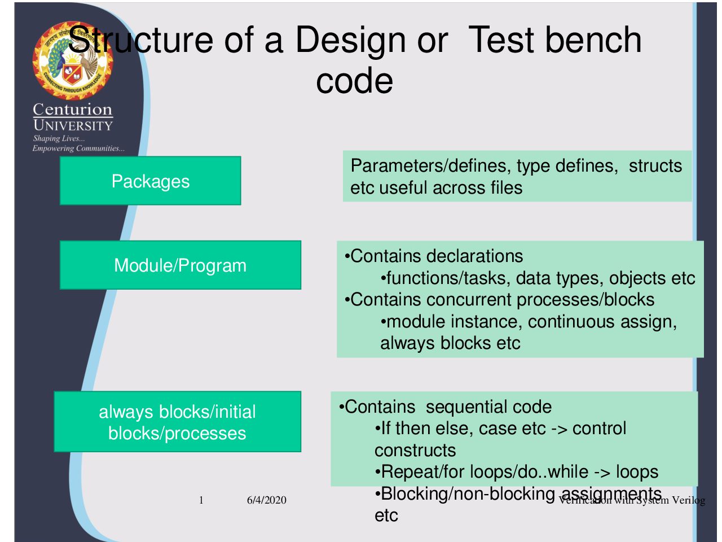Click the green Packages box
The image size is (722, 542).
(x=150, y=181)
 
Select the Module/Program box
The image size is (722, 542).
(x=180, y=265)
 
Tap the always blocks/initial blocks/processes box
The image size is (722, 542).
(x=177, y=422)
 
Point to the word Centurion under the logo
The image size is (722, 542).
(x=73, y=109)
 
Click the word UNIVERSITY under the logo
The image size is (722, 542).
(x=73, y=125)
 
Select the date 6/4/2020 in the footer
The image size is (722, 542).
(x=266, y=500)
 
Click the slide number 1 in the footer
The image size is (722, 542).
(x=201, y=500)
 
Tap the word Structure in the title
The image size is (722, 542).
(x=141, y=41)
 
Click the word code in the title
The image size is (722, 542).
(x=354, y=81)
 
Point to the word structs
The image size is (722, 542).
(x=655, y=166)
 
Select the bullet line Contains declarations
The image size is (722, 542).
(x=434, y=256)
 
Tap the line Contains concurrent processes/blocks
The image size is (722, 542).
(x=500, y=300)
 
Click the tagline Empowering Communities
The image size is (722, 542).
(x=78, y=148)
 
